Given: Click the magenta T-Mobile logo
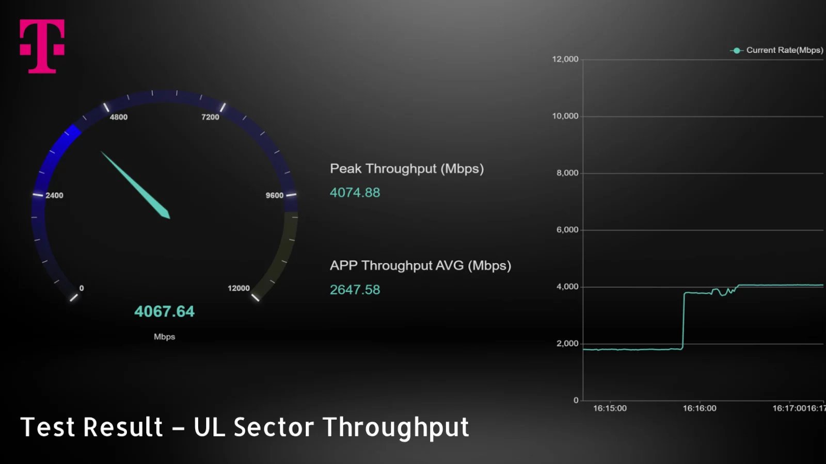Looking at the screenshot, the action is click(42, 46).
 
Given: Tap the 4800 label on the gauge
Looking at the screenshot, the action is click(119, 117).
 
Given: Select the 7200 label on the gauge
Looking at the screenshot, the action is click(210, 117).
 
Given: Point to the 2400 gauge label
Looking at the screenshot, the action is click(54, 195).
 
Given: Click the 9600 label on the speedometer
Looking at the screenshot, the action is click(275, 195).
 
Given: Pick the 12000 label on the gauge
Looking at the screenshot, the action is click(239, 288).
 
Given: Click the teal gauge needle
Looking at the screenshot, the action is click(135, 185).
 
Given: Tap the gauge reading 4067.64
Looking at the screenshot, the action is click(164, 311).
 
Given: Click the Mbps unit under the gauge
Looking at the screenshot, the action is click(165, 337).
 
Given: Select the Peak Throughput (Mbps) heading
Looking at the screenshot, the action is click(407, 169).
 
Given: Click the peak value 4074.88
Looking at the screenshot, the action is click(355, 193).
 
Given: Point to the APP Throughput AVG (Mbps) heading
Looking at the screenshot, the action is click(420, 266).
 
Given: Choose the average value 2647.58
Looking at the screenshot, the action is click(355, 290).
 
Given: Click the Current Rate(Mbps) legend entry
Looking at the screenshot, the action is click(777, 51).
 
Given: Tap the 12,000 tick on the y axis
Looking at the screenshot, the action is click(565, 59).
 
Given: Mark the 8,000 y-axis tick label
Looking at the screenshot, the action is click(567, 173).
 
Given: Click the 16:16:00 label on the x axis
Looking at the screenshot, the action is click(700, 408).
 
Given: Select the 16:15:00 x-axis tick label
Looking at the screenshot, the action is click(610, 408).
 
